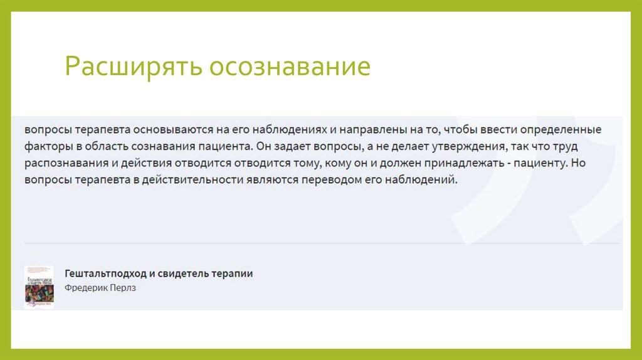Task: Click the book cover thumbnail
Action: pyautogui.click(x=39, y=287)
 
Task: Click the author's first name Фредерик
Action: pyautogui.click(x=85, y=288)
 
